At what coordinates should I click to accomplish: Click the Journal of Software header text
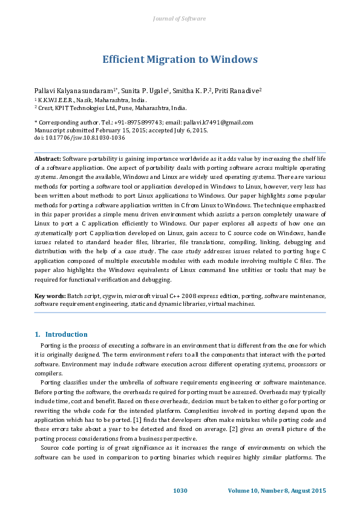(x=180, y=19)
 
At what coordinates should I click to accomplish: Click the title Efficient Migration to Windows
(x=180, y=59)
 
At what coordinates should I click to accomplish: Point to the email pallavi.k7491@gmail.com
(x=219, y=122)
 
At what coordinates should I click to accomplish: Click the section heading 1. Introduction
(x=61, y=334)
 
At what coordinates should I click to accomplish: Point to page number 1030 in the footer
(x=180, y=490)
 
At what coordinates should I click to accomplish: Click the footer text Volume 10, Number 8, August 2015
(x=277, y=490)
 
